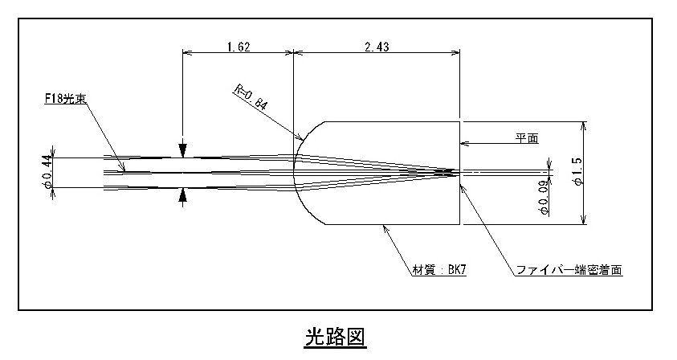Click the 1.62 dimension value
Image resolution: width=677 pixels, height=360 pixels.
point(239,47)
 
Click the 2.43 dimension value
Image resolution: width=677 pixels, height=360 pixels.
point(377,47)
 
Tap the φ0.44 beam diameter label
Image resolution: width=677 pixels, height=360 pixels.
point(47,173)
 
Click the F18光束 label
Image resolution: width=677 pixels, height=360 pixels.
point(66,99)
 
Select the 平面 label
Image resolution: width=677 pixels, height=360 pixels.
point(527,138)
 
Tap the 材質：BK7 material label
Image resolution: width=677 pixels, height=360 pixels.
point(439,270)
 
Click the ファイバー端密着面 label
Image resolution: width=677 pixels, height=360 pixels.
point(569,270)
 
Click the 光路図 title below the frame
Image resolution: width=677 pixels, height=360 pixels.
point(336,337)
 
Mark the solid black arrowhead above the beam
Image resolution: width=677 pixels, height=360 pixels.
point(183,149)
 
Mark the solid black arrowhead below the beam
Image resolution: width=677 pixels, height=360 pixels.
point(183,196)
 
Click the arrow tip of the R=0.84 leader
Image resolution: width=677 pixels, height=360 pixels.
point(301,140)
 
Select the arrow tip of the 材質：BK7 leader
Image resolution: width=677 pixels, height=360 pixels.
point(383,225)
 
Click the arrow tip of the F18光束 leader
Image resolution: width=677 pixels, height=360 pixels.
point(125,172)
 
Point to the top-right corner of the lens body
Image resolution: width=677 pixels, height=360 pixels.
point(460,122)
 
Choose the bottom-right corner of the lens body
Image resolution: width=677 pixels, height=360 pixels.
point(460,224)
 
